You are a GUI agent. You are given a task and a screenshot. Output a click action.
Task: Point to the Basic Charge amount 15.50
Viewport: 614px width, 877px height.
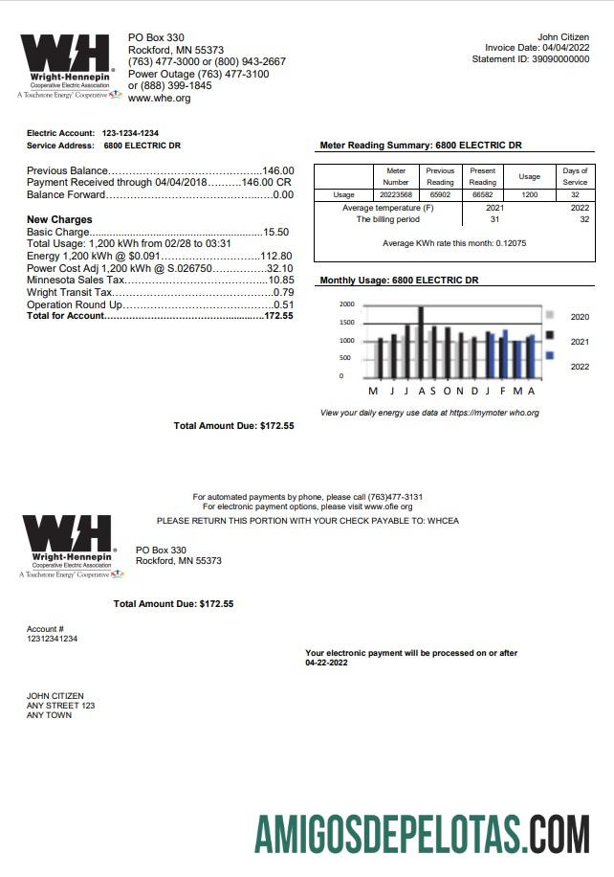pos(276,232)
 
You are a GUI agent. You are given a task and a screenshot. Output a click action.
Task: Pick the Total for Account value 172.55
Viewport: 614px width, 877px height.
pos(278,315)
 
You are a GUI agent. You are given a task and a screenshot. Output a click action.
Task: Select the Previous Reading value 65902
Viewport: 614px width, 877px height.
pos(440,193)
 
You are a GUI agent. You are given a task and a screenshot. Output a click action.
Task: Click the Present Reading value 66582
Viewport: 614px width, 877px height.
pos(483,193)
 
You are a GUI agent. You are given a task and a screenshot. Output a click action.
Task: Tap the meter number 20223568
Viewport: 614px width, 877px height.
pos(396,193)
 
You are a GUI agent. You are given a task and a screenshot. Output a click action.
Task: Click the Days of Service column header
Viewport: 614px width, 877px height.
pos(575,176)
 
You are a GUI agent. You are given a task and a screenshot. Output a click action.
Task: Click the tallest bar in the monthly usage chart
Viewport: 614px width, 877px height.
pos(421,343)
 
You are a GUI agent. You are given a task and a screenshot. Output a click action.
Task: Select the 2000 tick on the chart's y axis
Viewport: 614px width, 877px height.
pos(346,304)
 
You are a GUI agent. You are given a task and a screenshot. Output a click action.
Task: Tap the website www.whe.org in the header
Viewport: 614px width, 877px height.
pos(159,98)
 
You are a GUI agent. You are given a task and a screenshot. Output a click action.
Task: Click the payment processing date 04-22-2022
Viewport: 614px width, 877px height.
pos(328,662)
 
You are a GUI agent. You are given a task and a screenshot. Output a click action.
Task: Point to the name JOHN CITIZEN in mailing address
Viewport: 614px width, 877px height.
pos(55,696)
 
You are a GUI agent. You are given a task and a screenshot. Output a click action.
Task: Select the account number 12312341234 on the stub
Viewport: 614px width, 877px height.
pos(52,639)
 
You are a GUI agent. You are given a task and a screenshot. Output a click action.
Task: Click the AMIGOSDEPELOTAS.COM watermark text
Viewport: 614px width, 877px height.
pos(421,834)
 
